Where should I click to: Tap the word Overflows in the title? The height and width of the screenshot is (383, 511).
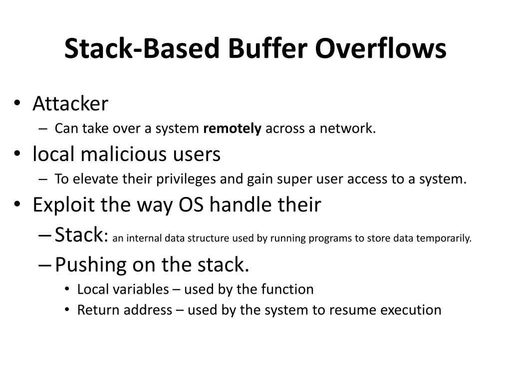[x=381, y=49]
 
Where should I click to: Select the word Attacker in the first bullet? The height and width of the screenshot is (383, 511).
[x=70, y=104]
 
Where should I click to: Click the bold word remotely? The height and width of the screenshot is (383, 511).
[x=232, y=129]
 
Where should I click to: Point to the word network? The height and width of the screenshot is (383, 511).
[x=347, y=129]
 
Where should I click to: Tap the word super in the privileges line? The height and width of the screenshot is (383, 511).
[x=286, y=180]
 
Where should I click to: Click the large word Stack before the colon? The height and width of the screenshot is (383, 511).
[x=78, y=234]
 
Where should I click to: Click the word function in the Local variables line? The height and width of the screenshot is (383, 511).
[x=289, y=289]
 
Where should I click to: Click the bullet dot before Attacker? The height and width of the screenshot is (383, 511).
[x=17, y=104]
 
